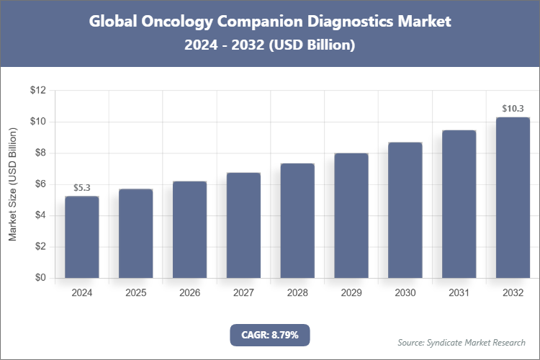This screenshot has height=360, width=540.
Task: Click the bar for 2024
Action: coord(82,237)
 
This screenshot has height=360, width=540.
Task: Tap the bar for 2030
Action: coord(405,210)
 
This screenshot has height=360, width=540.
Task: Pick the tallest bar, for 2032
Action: coord(513,197)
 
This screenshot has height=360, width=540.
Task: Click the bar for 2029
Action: coord(351,215)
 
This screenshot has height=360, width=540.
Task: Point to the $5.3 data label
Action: coord(82,188)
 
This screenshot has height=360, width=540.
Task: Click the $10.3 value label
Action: coord(513,109)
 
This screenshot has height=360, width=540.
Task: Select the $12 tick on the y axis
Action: coord(37,91)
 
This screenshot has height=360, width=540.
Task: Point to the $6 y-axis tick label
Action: coord(40,184)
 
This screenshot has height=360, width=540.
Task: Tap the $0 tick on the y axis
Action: coord(40,278)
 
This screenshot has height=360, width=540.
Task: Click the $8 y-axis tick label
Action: coord(40,153)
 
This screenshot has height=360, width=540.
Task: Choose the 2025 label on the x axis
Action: coord(136,293)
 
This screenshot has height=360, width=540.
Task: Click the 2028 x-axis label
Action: coord(297,293)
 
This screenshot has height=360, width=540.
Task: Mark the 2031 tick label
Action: coord(459,293)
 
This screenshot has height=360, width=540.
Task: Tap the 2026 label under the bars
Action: coord(190,293)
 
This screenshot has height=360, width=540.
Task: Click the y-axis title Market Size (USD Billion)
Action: coord(12,184)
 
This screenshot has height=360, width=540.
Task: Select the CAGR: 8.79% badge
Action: coord(269,335)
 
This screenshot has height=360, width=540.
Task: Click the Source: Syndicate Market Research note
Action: coord(462,342)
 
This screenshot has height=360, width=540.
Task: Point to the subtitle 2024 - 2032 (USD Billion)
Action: coord(270,45)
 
